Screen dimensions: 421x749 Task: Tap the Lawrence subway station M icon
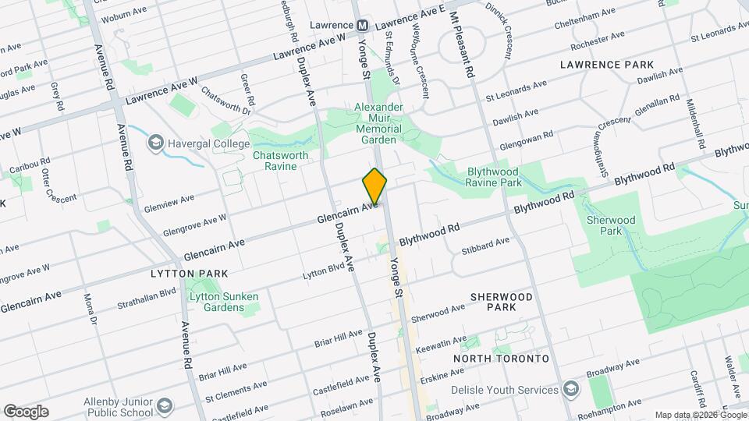362,25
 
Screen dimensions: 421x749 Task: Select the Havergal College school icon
155,143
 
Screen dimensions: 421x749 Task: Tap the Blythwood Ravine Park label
504,177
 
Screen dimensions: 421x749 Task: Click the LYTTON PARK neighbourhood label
190,274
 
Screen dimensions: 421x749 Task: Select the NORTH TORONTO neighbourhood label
502,358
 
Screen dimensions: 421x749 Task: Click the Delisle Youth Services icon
571,389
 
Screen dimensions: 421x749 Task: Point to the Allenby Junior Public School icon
165,405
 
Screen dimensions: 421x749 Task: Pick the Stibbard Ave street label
485,246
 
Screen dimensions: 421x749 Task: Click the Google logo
26,412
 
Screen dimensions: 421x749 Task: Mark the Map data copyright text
700,415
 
